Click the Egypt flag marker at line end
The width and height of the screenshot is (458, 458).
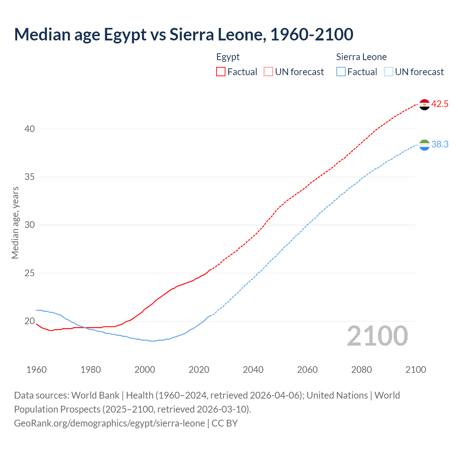point(424,104)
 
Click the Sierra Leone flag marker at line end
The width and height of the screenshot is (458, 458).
point(424,145)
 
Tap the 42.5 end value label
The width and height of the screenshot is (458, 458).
point(440,104)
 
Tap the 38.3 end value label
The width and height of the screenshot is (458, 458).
point(440,145)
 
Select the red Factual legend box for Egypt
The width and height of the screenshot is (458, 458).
point(221,72)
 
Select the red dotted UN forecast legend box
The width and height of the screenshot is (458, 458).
point(268,72)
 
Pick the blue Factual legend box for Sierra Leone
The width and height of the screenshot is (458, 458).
point(341,72)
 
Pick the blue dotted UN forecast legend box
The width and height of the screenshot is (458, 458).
point(389,72)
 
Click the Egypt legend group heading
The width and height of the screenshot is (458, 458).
point(228,57)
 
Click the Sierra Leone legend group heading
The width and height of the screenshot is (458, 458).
point(361,57)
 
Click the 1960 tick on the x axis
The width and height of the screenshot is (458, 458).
point(36,370)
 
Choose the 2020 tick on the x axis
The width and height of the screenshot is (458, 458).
point(199,370)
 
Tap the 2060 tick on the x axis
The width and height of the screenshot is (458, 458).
point(307,370)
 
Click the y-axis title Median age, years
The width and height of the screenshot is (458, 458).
point(15,223)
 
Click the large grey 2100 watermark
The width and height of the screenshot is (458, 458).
point(377,336)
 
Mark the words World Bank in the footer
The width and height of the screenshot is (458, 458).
point(95,395)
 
